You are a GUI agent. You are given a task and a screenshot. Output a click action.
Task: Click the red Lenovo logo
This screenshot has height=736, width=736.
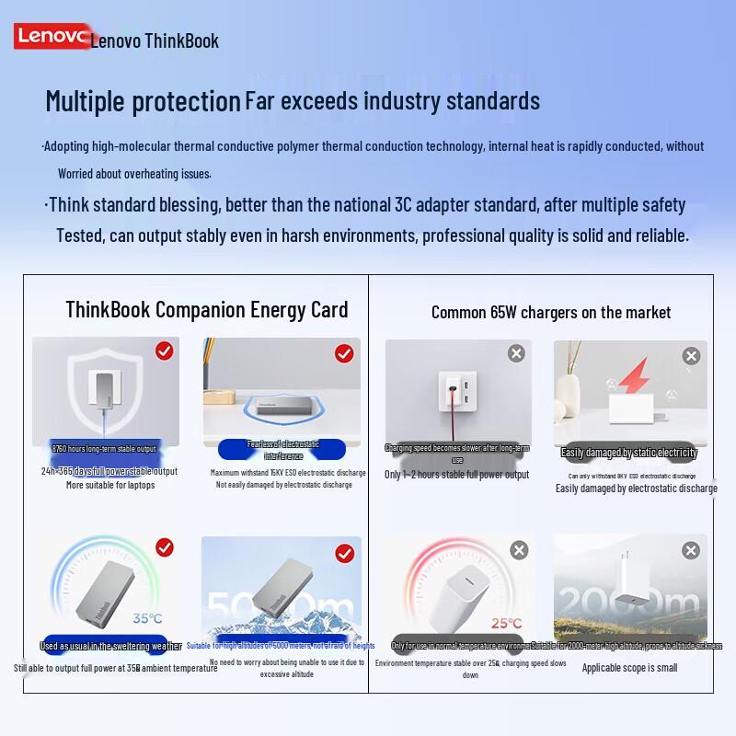point(52,37)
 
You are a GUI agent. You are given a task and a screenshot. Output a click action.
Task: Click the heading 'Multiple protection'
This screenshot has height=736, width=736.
point(143,100)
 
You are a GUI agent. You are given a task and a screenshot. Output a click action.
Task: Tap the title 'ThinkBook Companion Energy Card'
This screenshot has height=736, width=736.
point(207,309)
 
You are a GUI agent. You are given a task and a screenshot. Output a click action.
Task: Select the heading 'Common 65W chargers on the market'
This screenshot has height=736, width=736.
point(551,313)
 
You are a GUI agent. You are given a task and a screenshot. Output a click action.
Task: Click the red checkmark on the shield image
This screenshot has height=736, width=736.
point(165,351)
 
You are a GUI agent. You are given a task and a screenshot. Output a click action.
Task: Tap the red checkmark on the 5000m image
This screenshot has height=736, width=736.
point(345,553)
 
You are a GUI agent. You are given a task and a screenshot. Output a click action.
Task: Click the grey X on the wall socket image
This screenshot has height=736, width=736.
point(516,353)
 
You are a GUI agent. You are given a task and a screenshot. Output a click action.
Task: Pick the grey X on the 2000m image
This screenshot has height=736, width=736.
point(691,550)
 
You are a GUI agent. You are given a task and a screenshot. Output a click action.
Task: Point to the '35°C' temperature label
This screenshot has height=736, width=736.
point(147,618)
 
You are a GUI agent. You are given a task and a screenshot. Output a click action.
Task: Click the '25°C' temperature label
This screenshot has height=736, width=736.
point(505,624)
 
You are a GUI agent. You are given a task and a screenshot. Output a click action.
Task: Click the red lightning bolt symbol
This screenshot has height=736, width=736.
point(633,378)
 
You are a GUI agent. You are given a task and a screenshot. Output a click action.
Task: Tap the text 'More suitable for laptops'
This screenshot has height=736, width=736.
point(110,485)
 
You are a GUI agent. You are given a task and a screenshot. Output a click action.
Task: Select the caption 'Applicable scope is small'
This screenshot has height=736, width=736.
point(629,668)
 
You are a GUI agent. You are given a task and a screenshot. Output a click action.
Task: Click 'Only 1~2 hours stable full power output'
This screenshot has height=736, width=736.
point(456,475)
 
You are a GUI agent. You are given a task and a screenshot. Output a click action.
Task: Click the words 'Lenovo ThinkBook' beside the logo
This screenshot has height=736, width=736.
point(155,40)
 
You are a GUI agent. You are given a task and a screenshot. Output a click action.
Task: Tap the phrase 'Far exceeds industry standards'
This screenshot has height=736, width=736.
point(392,100)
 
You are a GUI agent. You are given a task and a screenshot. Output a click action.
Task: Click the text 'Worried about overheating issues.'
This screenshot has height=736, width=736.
point(134,174)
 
